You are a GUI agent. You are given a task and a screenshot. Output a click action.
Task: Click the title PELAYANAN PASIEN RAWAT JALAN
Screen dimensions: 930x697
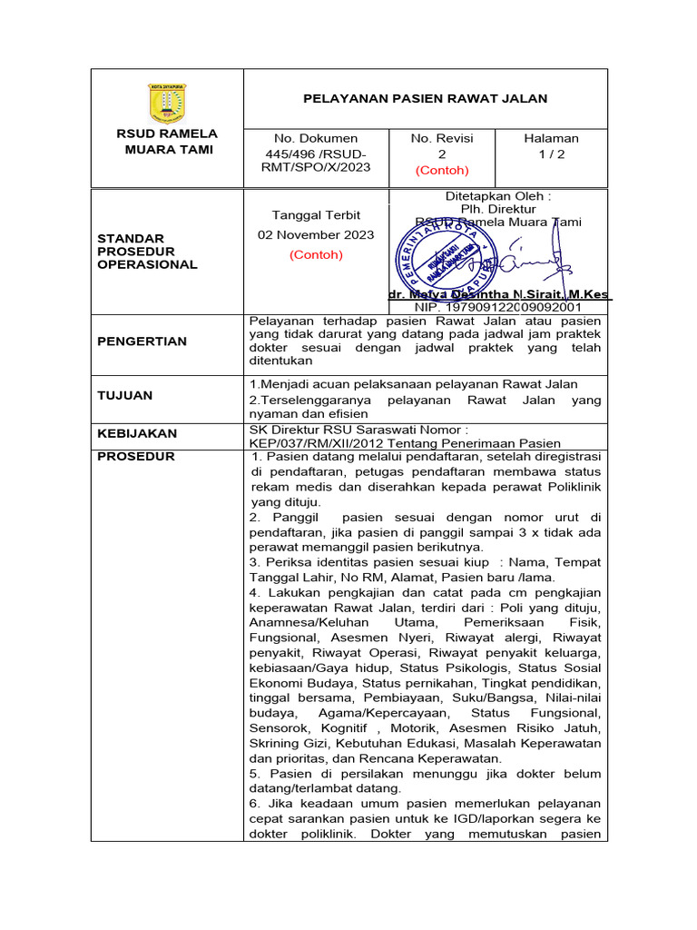[425, 98]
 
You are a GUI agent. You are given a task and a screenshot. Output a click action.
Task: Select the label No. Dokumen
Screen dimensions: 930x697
[316, 138]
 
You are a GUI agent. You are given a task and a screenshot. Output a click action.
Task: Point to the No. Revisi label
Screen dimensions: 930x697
[442, 138]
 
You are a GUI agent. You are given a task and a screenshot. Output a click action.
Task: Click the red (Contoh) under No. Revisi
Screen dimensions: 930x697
[442, 170]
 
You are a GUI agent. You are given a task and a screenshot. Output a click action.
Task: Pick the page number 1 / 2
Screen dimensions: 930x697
[551, 154]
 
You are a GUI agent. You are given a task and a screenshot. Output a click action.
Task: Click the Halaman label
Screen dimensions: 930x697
[551, 138]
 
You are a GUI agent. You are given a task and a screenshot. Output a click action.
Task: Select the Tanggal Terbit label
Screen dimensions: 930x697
[316, 215]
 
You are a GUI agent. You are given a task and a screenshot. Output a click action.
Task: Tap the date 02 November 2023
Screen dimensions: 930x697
[316, 234]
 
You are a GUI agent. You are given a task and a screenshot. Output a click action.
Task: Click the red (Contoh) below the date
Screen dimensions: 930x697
[316, 254]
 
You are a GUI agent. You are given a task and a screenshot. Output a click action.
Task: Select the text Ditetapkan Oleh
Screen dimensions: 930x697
[498, 196]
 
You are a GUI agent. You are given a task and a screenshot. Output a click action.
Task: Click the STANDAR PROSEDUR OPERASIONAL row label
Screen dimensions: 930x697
[147, 252]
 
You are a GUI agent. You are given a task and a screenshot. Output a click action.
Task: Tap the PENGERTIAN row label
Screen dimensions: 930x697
[142, 341]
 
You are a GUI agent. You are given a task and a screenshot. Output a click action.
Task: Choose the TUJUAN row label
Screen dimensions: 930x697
[124, 395]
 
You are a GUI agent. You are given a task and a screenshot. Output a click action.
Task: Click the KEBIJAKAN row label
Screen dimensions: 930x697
[137, 433]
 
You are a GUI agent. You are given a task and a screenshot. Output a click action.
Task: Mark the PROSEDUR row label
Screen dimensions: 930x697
[135, 456]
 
